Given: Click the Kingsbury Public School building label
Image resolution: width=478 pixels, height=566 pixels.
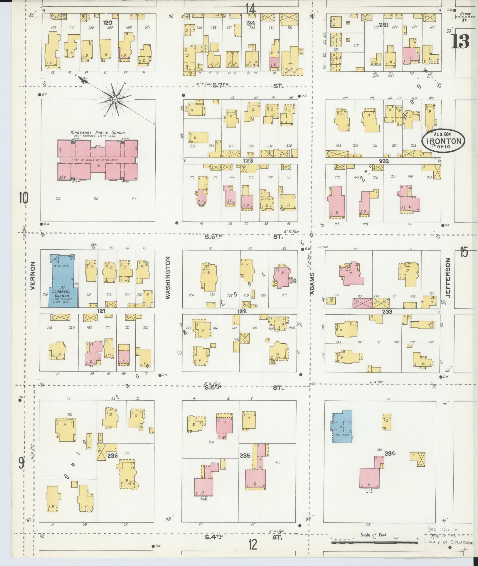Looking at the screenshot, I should (98, 133).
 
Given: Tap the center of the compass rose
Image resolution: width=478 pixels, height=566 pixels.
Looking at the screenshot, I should (115, 100).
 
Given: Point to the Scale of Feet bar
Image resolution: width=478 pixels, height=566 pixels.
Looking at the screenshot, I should (374, 542).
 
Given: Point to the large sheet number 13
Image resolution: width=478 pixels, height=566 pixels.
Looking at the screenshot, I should (460, 41).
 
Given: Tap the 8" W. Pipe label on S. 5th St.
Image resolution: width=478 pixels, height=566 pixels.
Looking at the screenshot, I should (212, 384).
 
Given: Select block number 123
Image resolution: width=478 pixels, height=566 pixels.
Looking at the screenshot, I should (248, 161).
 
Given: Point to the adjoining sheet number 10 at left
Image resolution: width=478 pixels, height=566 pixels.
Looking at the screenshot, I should (24, 198).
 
